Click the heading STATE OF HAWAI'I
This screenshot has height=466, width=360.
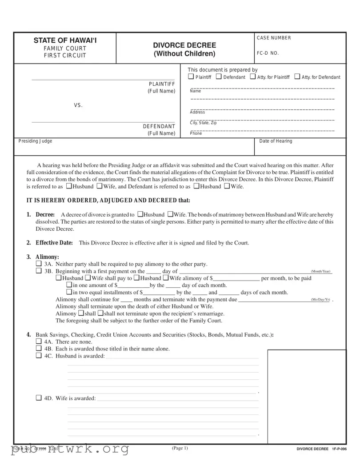point(65,41)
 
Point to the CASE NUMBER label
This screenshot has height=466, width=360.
point(274,38)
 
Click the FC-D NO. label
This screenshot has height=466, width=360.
point(268,53)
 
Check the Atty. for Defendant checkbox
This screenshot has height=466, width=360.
point(297,77)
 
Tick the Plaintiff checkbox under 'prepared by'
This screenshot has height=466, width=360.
point(191,77)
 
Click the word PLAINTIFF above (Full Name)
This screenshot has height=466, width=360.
point(162,84)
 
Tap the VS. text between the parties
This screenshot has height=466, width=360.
point(78,105)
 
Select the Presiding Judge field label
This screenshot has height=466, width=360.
point(35,141)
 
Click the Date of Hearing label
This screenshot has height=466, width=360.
point(276,141)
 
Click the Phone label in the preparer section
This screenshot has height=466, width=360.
point(196,133)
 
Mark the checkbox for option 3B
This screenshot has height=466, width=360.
point(38,271)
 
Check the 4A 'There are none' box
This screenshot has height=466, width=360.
point(38,341)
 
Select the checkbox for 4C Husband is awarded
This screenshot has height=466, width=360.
point(38,356)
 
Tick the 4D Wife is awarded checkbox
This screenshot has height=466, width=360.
point(38,398)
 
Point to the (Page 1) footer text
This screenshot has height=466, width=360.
point(180,448)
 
